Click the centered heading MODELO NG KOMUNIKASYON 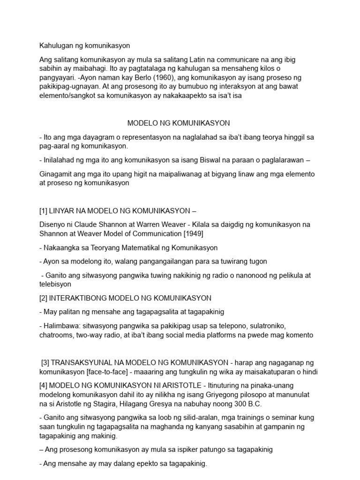[x=179, y=123]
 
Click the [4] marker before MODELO [x=44, y=385]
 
